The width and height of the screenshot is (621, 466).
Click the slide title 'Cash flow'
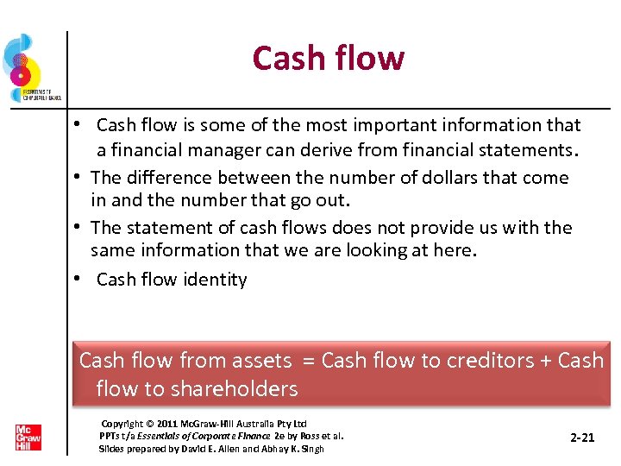tap(328, 59)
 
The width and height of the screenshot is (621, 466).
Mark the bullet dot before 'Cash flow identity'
tap(78, 279)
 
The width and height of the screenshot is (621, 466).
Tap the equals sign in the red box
tap(306, 360)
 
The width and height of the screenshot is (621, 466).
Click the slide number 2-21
tap(582, 438)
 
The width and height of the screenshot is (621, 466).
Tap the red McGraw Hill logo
tap(28, 437)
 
